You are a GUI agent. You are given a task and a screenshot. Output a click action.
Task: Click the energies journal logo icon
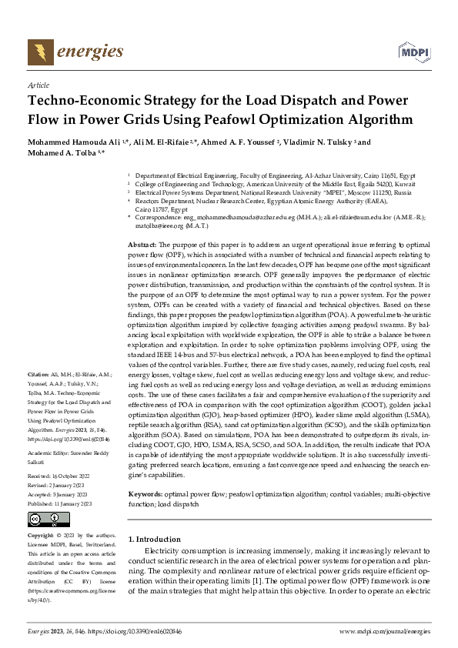[36, 52]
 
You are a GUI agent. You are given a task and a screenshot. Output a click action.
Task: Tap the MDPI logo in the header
[413, 52]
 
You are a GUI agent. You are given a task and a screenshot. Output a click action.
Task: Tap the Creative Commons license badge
[48, 519]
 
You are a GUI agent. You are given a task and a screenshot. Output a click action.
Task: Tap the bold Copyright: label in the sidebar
[41, 534]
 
